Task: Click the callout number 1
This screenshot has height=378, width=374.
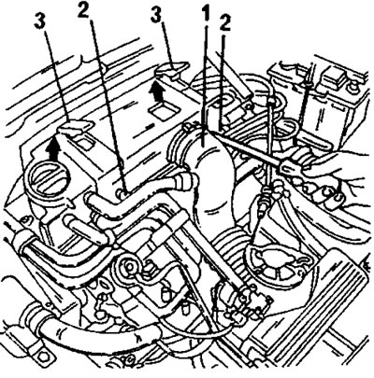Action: pos(206,14)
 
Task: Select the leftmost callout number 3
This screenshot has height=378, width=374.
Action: pos(42,21)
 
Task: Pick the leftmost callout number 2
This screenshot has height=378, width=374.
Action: pos(84,10)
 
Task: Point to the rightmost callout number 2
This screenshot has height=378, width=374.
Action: pos(224,23)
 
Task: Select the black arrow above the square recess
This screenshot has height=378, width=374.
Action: pos(157,91)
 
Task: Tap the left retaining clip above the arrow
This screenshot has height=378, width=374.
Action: pos(76,127)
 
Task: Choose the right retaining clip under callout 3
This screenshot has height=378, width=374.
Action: pos(172,69)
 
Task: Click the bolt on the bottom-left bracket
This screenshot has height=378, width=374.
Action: pos(44,357)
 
